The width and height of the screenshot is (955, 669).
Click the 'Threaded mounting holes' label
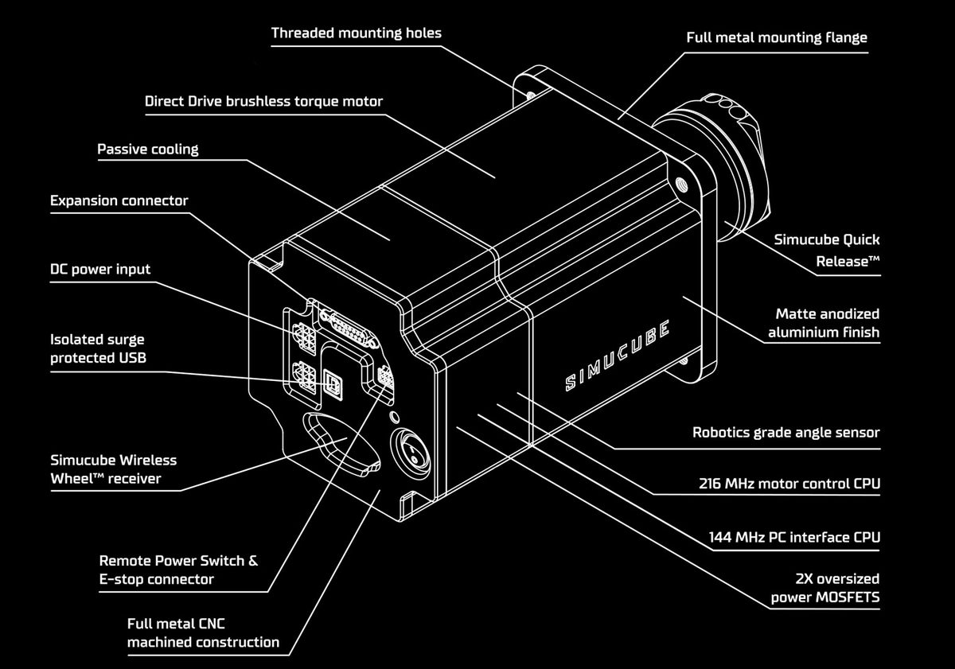[356, 33]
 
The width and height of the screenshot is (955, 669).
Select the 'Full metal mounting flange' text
[776, 37]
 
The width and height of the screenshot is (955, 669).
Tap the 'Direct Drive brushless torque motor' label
[263, 102]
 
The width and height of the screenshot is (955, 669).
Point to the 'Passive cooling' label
[148, 149]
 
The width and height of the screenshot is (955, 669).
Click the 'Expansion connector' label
[119, 200]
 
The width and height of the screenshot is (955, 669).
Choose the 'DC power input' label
[100, 269]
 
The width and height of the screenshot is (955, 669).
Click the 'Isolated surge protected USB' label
[98, 348]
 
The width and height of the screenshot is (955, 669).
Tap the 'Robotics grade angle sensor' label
[785, 433]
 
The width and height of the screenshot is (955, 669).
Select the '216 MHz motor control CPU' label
[789, 484]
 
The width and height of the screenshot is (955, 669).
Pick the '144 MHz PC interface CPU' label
[794, 538]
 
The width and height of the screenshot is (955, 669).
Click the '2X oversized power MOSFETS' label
[824, 588]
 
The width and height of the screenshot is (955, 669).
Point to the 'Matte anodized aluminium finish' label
[824, 323]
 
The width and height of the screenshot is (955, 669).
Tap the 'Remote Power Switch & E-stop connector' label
[178, 570]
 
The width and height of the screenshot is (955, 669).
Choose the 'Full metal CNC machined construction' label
[203, 633]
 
